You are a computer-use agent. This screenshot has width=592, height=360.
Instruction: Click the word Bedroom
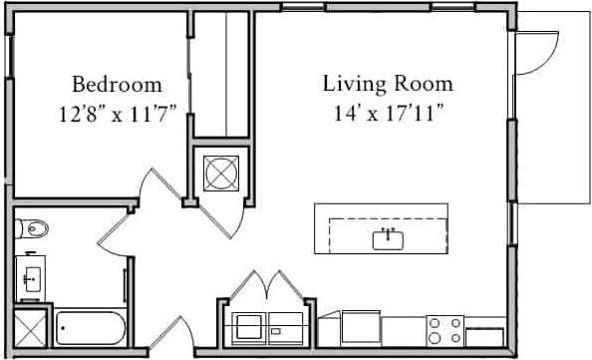click(x=118, y=84)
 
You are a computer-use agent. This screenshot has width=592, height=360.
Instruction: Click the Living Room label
click(x=388, y=84)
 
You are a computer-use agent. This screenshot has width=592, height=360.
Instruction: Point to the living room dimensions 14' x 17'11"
click(x=388, y=112)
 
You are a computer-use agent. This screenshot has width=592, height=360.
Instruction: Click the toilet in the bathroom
click(x=32, y=229)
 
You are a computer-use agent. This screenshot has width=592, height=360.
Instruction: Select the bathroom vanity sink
click(x=30, y=276)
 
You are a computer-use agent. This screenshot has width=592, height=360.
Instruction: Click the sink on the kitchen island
click(x=387, y=238)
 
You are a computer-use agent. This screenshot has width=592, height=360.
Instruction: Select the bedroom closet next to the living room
click(x=222, y=75)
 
